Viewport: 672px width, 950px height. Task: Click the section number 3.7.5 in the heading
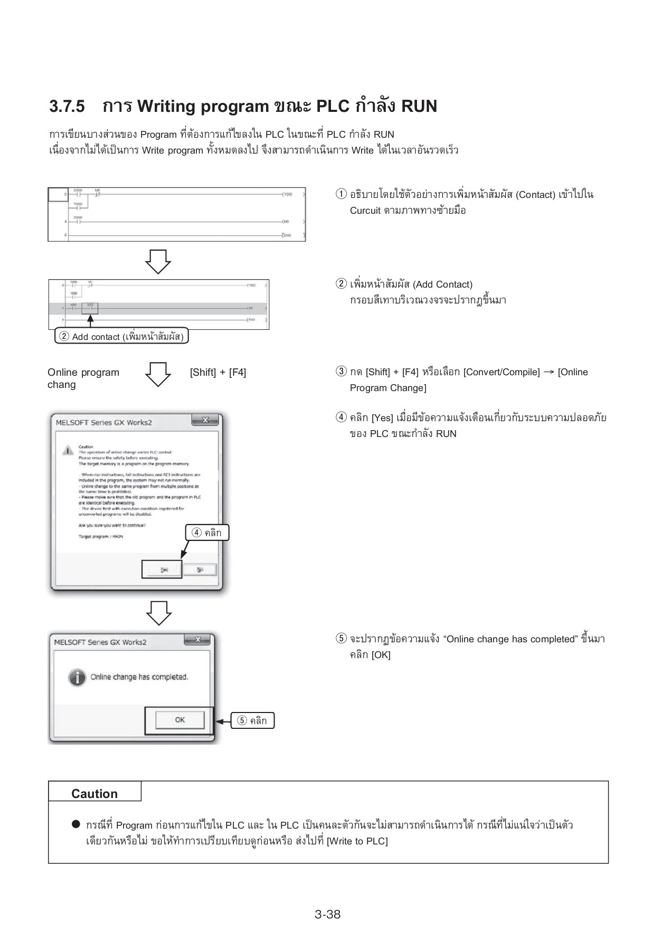[x=67, y=107]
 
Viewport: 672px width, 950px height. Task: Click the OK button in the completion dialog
[x=179, y=720]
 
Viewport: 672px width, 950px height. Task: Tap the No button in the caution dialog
[x=200, y=570]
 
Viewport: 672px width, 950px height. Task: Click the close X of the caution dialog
[x=205, y=420]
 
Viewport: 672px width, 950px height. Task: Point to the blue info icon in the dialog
[x=77, y=677]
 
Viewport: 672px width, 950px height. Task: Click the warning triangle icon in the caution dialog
[x=68, y=450]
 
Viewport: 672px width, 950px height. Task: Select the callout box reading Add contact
[x=122, y=337]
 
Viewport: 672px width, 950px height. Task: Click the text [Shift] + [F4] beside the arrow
[x=218, y=373]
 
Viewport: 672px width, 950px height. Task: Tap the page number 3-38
[x=327, y=915]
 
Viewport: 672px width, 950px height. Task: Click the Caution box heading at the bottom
[x=94, y=794]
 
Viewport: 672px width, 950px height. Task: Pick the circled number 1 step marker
[x=342, y=194]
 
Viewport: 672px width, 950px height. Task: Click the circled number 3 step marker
[x=342, y=372]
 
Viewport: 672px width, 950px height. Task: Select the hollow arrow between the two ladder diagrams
[x=158, y=261]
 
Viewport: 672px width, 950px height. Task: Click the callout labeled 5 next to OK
[x=252, y=721]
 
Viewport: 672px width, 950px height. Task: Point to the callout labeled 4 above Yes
[x=207, y=533]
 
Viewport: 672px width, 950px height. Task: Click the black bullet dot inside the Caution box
[x=76, y=824]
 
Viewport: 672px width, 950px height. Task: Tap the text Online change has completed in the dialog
[x=139, y=677]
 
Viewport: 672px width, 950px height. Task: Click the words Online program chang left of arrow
[x=83, y=378]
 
